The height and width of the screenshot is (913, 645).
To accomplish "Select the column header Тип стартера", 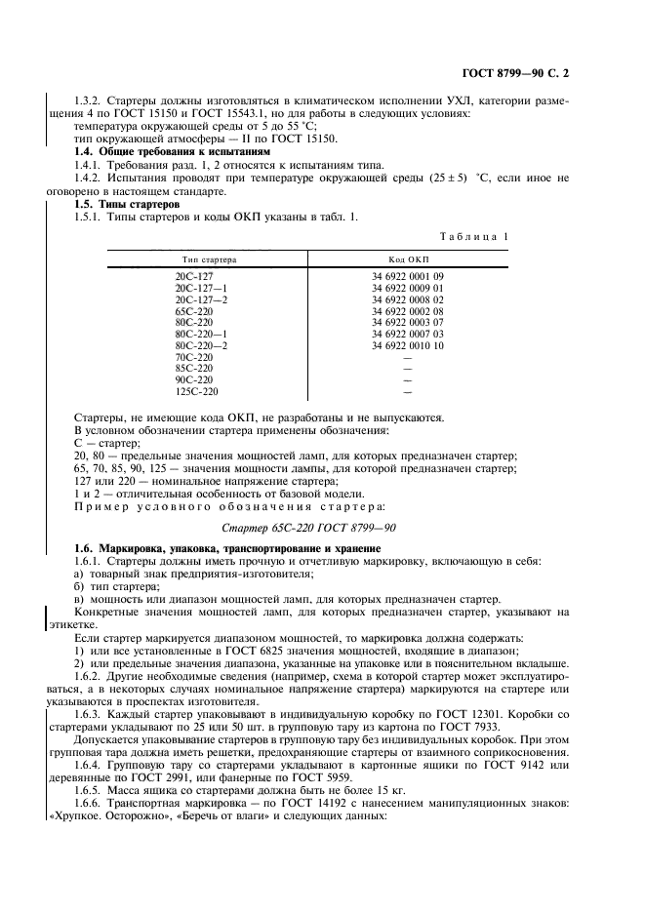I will coord(205,260).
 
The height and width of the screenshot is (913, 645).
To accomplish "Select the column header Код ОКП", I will coord(407,260).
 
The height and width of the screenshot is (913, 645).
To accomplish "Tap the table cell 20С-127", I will coord(194,277).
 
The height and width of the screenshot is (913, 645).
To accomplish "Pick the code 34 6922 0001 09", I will coord(407,277).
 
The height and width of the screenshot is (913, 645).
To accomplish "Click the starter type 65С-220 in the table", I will coord(194,309).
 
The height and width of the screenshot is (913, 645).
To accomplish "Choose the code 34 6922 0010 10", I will coord(407,345).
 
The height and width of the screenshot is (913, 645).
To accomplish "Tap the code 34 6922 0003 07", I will coord(407,321).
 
